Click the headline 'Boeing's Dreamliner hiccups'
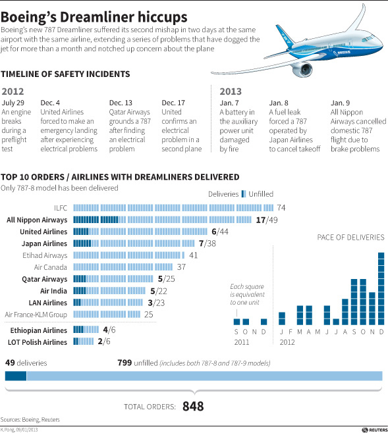(x=96, y=15)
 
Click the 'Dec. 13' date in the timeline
(x=120, y=103)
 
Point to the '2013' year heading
(x=230, y=91)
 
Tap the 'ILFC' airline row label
(x=61, y=207)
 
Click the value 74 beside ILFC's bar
(x=281, y=207)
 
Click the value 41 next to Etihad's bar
(x=194, y=255)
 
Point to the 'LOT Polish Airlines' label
(x=37, y=342)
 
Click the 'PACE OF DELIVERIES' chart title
(x=351, y=237)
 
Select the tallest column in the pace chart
(x=381, y=289)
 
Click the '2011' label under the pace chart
(x=241, y=342)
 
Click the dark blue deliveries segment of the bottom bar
(x=16, y=376)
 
